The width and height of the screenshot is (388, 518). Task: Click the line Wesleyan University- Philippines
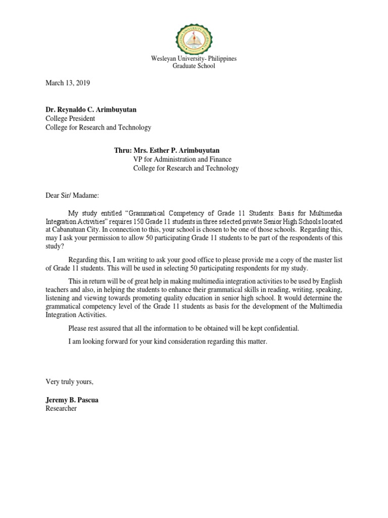click(194, 59)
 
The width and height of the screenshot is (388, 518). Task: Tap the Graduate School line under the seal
click(194, 66)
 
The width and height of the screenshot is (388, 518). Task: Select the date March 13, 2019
click(68, 83)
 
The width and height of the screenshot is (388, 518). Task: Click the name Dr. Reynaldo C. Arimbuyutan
click(91, 110)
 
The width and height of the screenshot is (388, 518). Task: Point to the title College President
click(70, 119)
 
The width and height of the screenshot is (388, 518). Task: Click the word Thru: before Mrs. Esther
click(123, 150)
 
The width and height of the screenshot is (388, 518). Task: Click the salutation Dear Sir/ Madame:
click(73, 195)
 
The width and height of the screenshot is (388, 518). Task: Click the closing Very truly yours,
click(69, 381)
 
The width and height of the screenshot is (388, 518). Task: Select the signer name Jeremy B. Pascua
click(72, 400)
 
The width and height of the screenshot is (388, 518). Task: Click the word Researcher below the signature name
click(61, 408)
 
